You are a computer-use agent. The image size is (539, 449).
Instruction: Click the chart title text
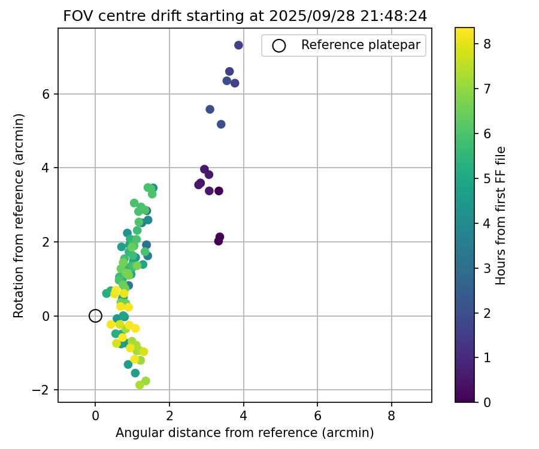tap(245, 16)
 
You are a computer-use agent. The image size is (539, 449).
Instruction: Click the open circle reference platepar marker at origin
tap(95, 315)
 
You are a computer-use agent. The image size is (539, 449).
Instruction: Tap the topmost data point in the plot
tap(238, 45)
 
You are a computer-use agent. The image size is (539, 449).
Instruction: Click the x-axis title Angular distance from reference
tap(244, 433)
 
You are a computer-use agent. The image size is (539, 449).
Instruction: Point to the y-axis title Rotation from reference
tap(19, 215)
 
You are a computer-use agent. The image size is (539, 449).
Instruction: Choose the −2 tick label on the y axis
tap(43, 390)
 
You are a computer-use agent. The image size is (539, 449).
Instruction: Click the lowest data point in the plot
tap(140, 385)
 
